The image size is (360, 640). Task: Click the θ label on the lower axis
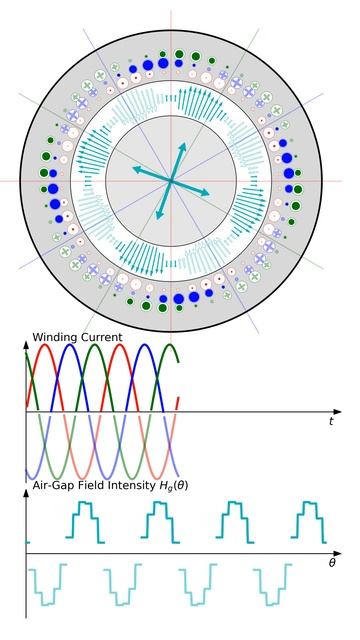tap(332, 565)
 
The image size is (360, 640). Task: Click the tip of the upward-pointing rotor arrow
tap(185, 143)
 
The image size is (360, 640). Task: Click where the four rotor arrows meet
tap(173, 181)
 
